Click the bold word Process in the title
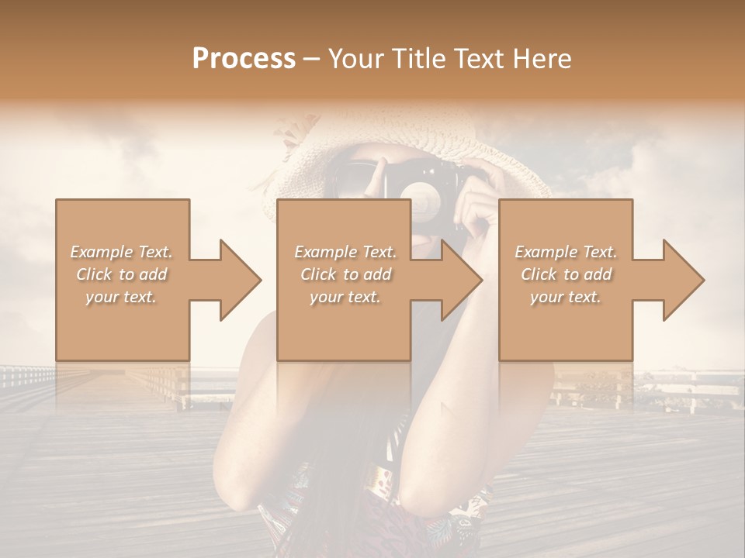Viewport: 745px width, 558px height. (244, 58)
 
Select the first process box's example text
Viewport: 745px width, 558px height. (122, 274)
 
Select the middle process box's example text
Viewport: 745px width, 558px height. (345, 274)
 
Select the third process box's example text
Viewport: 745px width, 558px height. (566, 274)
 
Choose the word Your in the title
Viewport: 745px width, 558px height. (355, 58)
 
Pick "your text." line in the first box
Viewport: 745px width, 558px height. (122, 297)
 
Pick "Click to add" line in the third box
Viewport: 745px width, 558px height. (566, 274)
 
